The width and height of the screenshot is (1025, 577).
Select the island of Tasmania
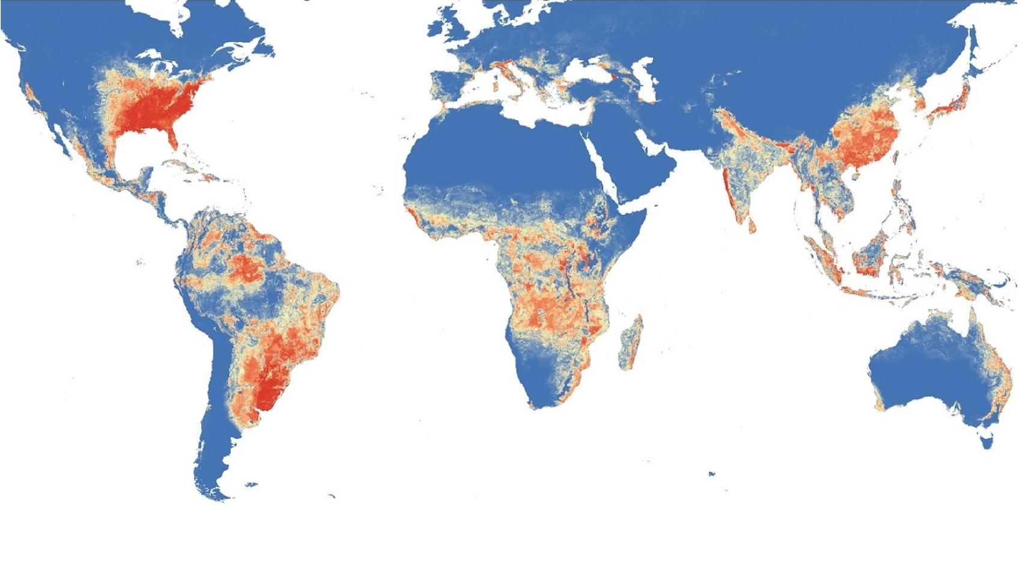tap(987, 441)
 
